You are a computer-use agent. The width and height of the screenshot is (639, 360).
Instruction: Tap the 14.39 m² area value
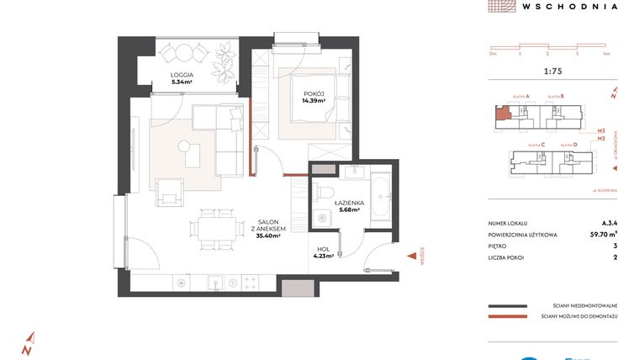[x=314, y=100]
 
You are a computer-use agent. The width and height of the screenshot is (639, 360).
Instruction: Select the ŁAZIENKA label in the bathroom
[x=347, y=204]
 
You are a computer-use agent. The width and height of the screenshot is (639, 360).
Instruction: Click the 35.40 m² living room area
[x=267, y=236]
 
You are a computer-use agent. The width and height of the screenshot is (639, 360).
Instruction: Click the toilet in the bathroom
[x=325, y=193]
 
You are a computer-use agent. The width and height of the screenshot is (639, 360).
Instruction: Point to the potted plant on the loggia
[x=224, y=61]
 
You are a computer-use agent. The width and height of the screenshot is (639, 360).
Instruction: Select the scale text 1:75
[x=553, y=71]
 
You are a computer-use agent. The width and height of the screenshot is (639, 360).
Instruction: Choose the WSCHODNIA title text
[x=570, y=7]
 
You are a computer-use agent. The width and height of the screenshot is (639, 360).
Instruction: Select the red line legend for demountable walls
[x=507, y=316]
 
